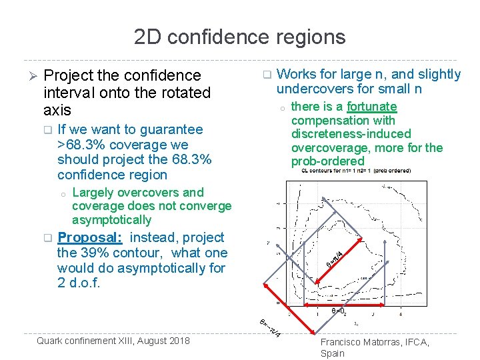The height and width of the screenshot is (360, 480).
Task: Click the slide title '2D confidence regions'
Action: pos(239,36)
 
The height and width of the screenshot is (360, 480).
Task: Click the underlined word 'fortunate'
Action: pos(372,107)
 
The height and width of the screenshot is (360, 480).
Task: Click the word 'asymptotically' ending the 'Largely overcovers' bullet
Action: pos(111,220)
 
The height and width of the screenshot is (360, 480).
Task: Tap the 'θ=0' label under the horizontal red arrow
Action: pos(338,310)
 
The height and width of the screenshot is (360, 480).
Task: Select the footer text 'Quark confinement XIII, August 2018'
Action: pos(113,341)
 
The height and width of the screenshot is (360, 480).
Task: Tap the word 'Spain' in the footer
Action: pos(333,353)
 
